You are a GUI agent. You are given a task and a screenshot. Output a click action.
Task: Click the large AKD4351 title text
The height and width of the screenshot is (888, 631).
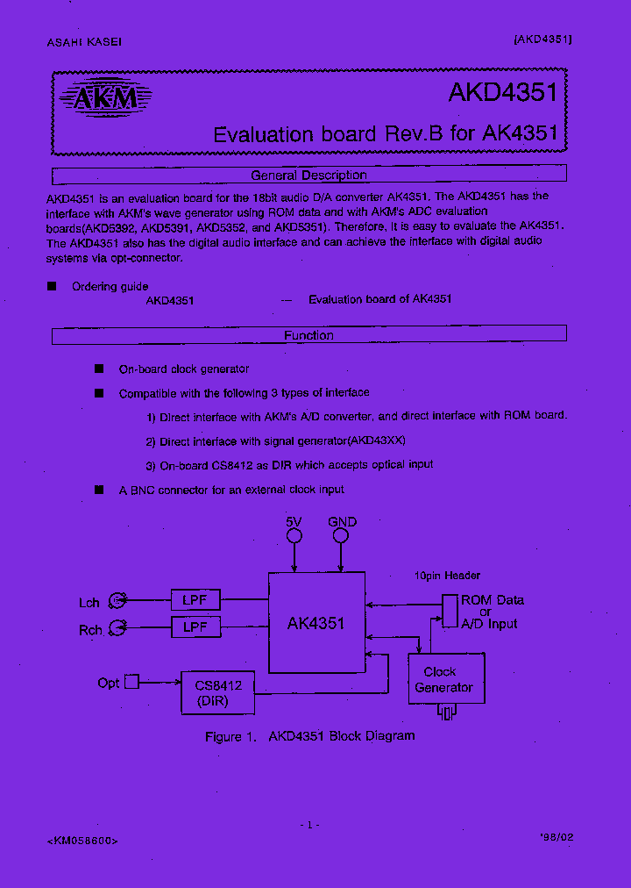tap(502, 94)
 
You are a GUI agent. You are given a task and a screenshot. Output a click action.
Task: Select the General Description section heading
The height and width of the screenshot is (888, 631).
tap(308, 175)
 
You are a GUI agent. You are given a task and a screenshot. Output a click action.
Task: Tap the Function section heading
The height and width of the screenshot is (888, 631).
tap(308, 335)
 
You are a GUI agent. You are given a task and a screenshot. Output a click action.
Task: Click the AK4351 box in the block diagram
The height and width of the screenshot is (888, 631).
tap(316, 624)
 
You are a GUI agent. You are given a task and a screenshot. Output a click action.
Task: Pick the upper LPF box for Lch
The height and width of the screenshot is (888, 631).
tap(195, 600)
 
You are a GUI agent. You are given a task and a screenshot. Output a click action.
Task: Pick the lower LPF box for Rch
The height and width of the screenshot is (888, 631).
tap(195, 627)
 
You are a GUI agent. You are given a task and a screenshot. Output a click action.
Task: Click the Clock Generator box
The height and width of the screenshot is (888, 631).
tap(446, 679)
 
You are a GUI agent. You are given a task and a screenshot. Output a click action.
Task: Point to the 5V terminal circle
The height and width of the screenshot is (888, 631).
tap(294, 535)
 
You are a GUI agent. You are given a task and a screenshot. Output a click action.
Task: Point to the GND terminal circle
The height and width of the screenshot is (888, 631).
tap(342, 535)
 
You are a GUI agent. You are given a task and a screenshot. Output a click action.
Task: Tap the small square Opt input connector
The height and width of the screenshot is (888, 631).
tap(131, 681)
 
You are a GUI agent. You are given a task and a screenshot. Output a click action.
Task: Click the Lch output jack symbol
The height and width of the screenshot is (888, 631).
tap(117, 601)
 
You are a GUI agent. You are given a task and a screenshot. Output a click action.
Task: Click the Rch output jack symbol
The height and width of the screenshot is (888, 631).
tap(117, 628)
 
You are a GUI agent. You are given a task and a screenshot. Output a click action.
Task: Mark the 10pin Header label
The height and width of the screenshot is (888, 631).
tap(447, 576)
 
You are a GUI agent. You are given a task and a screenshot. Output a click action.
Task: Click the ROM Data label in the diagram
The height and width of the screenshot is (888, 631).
tap(493, 600)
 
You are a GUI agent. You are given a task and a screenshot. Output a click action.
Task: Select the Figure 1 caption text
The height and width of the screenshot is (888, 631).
tap(309, 736)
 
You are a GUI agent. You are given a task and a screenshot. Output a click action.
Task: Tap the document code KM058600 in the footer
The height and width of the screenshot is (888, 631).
tap(82, 840)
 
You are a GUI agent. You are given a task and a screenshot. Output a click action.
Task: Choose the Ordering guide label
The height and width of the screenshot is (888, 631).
tap(110, 286)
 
